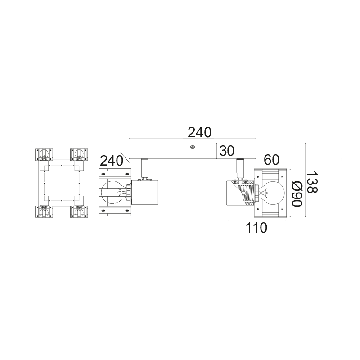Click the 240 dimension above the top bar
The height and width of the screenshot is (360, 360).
pos(199,132)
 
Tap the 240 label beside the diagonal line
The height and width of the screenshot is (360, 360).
pos(112,161)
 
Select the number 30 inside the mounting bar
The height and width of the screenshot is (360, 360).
pos(227,151)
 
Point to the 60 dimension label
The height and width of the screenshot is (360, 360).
pos(271,160)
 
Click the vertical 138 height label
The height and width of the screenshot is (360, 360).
pos(312,183)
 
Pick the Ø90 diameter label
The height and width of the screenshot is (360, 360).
pos(297,194)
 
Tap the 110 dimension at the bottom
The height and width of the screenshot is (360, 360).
pos(256,228)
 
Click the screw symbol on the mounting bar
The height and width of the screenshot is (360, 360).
pos(193,147)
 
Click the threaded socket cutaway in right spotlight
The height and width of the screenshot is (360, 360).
pos(246,193)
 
